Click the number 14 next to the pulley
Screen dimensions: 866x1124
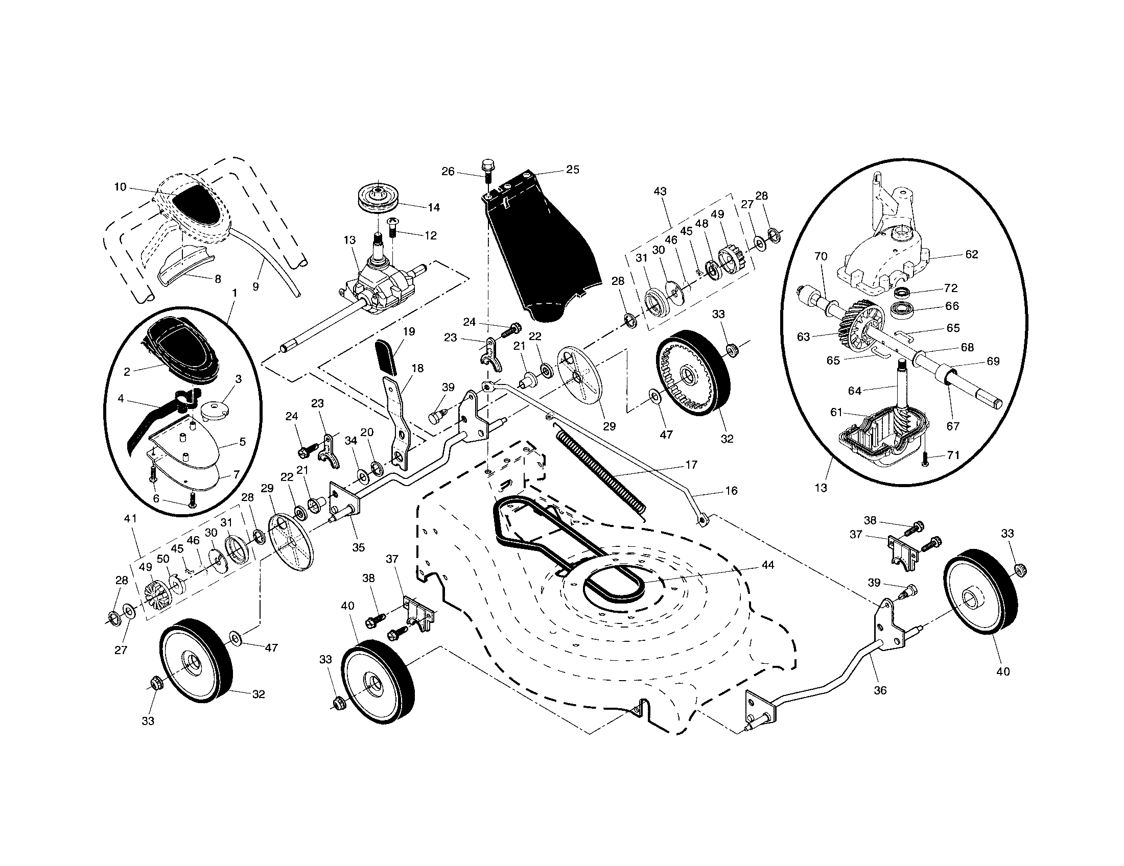coord(433,207)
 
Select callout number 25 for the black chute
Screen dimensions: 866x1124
coord(572,170)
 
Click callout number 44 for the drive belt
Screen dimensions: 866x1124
coord(767,565)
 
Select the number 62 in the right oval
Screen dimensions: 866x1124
coord(971,254)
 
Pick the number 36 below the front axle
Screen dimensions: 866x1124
coord(880,690)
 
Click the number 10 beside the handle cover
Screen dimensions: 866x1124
coord(120,187)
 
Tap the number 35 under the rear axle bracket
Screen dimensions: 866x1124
coord(358,547)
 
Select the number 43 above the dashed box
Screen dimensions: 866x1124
coord(660,191)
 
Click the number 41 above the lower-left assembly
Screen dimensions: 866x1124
coord(130,519)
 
